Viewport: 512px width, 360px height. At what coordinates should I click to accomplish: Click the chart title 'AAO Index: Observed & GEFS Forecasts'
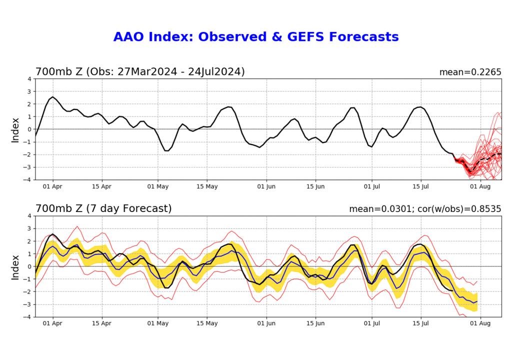pyautogui.click(x=256, y=37)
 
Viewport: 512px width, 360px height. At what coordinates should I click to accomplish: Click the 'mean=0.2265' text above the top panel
pyautogui.click(x=470, y=72)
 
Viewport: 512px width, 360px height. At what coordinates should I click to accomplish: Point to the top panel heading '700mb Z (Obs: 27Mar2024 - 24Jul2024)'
pyautogui.click(x=140, y=72)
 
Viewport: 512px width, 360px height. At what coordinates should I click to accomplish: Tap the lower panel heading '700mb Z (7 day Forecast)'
pyautogui.click(x=103, y=208)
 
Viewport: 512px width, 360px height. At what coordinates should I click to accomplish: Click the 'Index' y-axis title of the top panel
pyautogui.click(x=15, y=129)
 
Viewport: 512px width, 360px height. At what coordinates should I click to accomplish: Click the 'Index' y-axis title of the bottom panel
pyautogui.click(x=15, y=266)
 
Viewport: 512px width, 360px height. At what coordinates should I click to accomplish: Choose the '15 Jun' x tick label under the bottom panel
pyautogui.click(x=315, y=323)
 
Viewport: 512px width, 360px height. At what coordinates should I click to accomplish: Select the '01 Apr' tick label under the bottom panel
pyautogui.click(x=53, y=323)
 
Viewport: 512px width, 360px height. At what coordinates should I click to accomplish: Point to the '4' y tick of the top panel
pyautogui.click(x=29, y=79)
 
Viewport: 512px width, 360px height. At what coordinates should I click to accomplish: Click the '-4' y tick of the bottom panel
pyautogui.click(x=28, y=317)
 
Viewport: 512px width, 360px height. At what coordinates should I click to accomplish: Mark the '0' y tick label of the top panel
pyautogui.click(x=29, y=129)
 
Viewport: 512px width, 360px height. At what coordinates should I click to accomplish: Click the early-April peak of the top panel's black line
pyautogui.click(x=52, y=97)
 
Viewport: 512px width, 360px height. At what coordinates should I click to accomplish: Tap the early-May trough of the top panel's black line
pyautogui.click(x=167, y=150)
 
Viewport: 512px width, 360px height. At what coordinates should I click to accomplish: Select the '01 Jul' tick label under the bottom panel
pyautogui.click(x=372, y=323)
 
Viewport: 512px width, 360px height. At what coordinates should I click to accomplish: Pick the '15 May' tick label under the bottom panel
pyautogui.click(x=206, y=323)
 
